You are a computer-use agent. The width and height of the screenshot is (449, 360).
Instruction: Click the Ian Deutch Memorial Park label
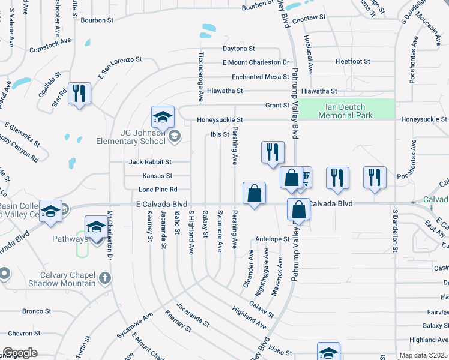pyautogui.click(x=345, y=112)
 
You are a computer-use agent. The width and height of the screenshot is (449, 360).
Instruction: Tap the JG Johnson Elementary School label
pyautogui.click(x=131, y=137)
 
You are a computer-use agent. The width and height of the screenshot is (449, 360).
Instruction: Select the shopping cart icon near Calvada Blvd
pyautogui.click(x=306, y=176)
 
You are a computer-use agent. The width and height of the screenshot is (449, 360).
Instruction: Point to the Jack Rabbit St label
pyautogui.click(x=150, y=162)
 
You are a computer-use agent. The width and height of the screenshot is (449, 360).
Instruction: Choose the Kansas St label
pyautogui.click(x=157, y=176)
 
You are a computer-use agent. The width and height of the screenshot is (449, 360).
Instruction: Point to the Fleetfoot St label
pyautogui.click(x=352, y=62)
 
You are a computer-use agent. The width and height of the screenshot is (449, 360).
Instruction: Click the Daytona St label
pyautogui.click(x=239, y=48)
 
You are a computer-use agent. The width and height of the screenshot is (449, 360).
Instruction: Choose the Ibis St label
pyautogui.click(x=220, y=134)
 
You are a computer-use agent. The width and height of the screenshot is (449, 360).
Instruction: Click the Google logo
pyautogui.click(x=20, y=353)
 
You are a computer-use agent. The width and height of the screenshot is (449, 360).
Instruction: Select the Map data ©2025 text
pyautogui.click(x=423, y=355)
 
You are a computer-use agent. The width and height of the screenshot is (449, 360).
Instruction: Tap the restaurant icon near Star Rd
pyautogui.click(x=79, y=93)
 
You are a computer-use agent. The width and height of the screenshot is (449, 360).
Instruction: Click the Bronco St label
pyautogui.click(x=37, y=311)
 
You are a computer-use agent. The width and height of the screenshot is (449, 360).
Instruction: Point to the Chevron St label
pyautogui.click(x=24, y=333)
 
